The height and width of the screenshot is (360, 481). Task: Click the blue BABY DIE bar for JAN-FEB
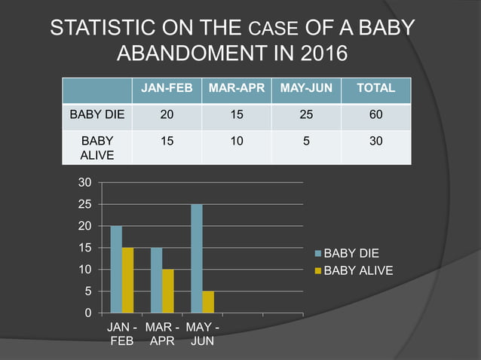click(116, 269)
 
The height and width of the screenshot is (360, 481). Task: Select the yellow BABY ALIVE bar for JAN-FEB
click(127, 279)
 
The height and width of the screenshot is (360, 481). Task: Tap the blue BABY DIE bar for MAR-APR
click(156, 279)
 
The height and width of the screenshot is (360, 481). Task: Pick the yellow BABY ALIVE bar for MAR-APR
click(168, 291)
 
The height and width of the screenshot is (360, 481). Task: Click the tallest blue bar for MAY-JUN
click(197, 258)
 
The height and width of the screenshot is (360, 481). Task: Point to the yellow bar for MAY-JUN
click(208, 301)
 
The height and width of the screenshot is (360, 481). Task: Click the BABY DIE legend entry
click(351, 254)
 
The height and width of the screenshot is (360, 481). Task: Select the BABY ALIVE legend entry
click(354, 270)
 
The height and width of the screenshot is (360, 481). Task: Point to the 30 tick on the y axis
click(85, 183)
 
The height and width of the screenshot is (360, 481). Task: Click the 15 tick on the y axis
click(85, 248)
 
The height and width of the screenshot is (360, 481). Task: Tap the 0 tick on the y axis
click(88, 313)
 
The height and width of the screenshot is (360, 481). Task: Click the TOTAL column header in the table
click(375, 89)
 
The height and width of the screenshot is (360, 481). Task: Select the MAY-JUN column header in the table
click(306, 89)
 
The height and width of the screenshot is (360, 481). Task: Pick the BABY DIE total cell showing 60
click(375, 116)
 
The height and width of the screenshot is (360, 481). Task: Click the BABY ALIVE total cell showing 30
click(375, 141)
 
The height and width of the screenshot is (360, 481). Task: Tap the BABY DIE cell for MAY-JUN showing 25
click(306, 116)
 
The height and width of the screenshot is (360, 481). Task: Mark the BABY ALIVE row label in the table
click(97, 147)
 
